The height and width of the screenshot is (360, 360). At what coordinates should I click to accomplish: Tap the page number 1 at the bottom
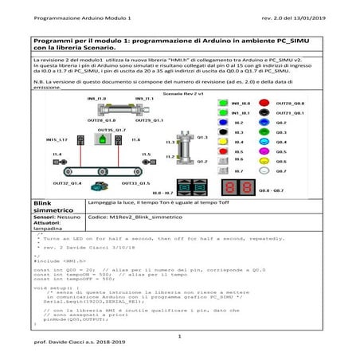180,336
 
